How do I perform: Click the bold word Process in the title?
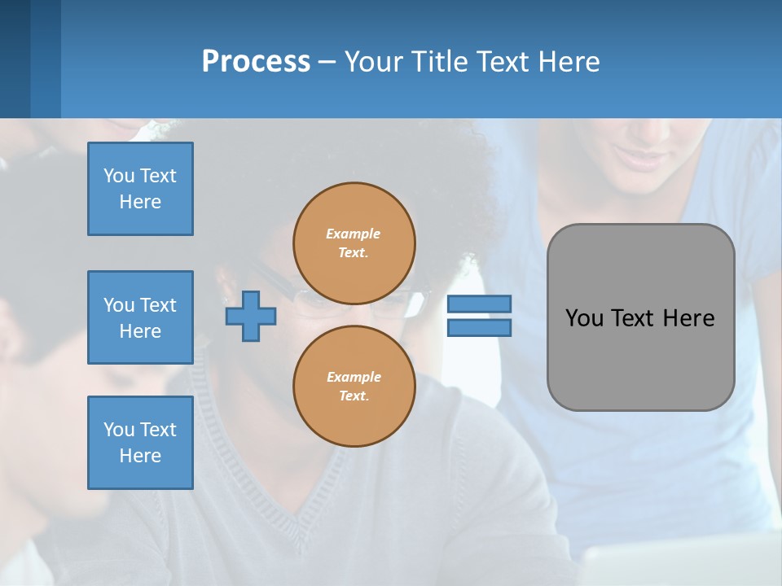click(x=256, y=62)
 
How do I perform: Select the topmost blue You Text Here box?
click(x=140, y=189)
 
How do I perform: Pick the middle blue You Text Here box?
click(x=140, y=317)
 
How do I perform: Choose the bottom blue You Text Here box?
click(x=140, y=443)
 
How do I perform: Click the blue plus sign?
click(x=250, y=317)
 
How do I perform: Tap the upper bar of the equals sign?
click(x=479, y=304)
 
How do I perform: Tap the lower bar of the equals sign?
click(x=479, y=328)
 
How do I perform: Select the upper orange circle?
click(x=354, y=243)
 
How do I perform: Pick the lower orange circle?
click(x=354, y=386)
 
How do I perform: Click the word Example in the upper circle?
click(x=354, y=234)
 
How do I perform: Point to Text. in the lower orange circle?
click(x=354, y=396)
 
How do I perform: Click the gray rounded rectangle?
click(x=640, y=366)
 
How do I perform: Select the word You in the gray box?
click(x=584, y=318)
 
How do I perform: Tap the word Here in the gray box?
click(x=688, y=318)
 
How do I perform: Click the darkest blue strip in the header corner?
click(x=15, y=59)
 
